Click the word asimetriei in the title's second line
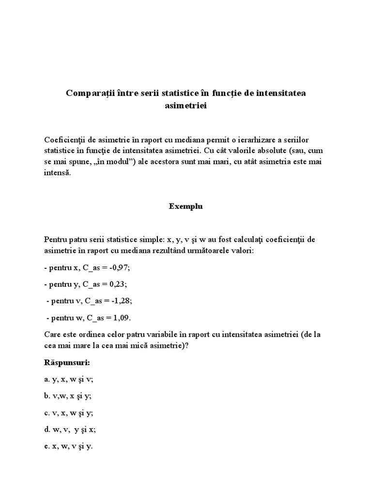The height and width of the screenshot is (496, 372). [x=186, y=105]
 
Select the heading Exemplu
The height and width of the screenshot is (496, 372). [x=186, y=206]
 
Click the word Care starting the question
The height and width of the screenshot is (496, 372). [x=52, y=335]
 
